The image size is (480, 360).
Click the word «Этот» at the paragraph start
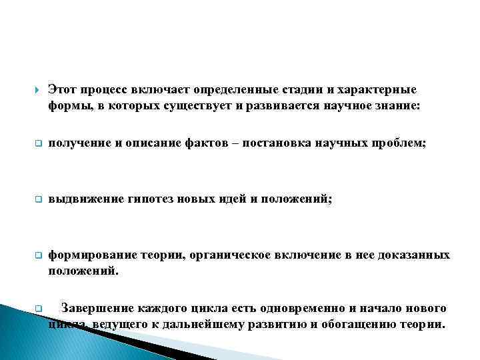[63, 89]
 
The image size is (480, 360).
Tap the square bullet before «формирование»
[38, 255]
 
